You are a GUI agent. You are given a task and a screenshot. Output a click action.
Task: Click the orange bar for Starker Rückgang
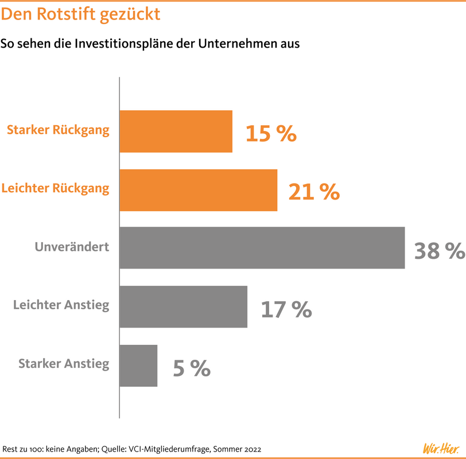(176, 131)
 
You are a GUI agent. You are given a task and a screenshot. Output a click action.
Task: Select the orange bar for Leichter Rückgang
(199, 190)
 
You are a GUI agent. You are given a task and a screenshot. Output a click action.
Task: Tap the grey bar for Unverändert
(262, 248)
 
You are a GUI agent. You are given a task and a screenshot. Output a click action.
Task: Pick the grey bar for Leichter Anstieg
(184, 306)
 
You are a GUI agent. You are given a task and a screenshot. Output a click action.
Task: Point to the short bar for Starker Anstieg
(138, 365)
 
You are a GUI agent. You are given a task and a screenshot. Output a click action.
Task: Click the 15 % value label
(271, 133)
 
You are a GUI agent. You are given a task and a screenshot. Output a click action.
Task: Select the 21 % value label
(314, 192)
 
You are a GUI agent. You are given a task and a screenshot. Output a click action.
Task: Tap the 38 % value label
(440, 251)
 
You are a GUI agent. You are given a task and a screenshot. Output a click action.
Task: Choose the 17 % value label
(286, 309)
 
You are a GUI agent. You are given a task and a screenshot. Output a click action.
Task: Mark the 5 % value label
(192, 368)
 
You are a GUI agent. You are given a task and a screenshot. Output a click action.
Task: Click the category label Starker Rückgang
(59, 130)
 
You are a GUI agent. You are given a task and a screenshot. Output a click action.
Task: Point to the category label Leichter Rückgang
(55, 189)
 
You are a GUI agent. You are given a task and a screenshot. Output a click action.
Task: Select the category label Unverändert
(72, 247)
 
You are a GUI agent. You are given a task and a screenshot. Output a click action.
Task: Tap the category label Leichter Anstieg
(61, 305)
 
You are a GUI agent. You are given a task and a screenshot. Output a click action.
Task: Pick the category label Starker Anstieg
(64, 364)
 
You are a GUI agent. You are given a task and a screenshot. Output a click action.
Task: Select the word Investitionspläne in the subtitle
(123, 44)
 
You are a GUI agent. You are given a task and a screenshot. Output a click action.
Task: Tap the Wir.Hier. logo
(441, 448)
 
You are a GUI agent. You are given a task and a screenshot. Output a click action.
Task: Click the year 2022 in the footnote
(253, 449)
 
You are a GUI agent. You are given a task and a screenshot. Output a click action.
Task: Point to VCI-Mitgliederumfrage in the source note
(169, 449)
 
